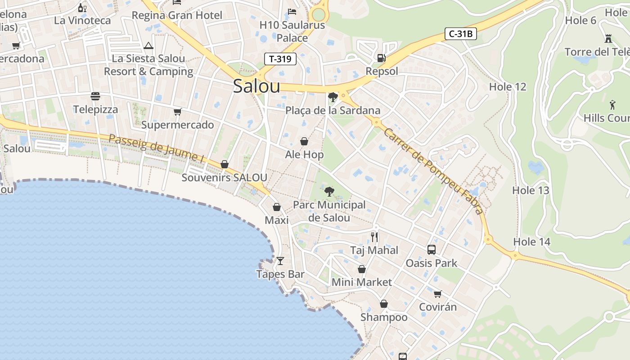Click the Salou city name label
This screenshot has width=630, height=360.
click(x=256, y=86)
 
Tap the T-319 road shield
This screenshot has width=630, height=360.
click(x=280, y=59)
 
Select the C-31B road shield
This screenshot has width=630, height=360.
click(x=460, y=34)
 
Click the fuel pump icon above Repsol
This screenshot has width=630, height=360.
click(x=381, y=58)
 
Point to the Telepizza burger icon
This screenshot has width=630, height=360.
click(x=95, y=96)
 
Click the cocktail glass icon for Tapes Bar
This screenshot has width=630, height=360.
click(x=280, y=261)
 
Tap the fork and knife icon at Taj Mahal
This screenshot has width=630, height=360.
click(x=374, y=237)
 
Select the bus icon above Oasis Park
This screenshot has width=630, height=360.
click(x=431, y=249)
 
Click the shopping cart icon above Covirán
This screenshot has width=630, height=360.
click(x=437, y=294)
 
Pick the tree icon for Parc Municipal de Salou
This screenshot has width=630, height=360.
click(x=329, y=192)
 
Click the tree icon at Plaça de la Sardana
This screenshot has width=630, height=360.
click(x=333, y=97)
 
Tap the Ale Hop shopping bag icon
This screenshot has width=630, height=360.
click(x=304, y=141)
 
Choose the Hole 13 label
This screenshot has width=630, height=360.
click(x=531, y=190)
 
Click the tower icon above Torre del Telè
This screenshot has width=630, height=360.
click(x=608, y=39)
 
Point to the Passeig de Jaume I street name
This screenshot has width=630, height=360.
click(x=156, y=147)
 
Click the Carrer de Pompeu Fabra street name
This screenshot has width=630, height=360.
click(x=433, y=171)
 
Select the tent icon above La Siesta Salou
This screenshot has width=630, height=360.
click(x=148, y=45)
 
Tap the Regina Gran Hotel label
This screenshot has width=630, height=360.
click(x=177, y=15)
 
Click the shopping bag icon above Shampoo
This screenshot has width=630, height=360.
click(x=383, y=304)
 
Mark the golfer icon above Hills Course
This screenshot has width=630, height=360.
click(x=612, y=105)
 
